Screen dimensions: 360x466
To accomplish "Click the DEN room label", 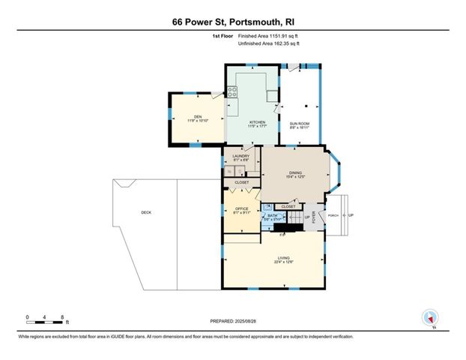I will [x=198, y=116].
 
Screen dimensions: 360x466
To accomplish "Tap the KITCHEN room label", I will [x=257, y=122].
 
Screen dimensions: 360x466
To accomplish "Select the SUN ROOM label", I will [x=300, y=122].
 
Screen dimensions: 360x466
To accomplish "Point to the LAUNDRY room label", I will [x=240, y=156].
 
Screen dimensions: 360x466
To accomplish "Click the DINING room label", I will [x=295, y=172].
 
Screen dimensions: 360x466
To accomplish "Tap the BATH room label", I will [x=272, y=216].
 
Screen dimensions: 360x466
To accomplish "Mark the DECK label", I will [x=146, y=213].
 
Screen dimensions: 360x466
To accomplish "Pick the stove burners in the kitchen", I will [x=232, y=93].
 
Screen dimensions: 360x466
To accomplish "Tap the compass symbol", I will [x=429, y=317].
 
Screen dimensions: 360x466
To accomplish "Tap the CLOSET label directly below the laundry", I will [x=241, y=182].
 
